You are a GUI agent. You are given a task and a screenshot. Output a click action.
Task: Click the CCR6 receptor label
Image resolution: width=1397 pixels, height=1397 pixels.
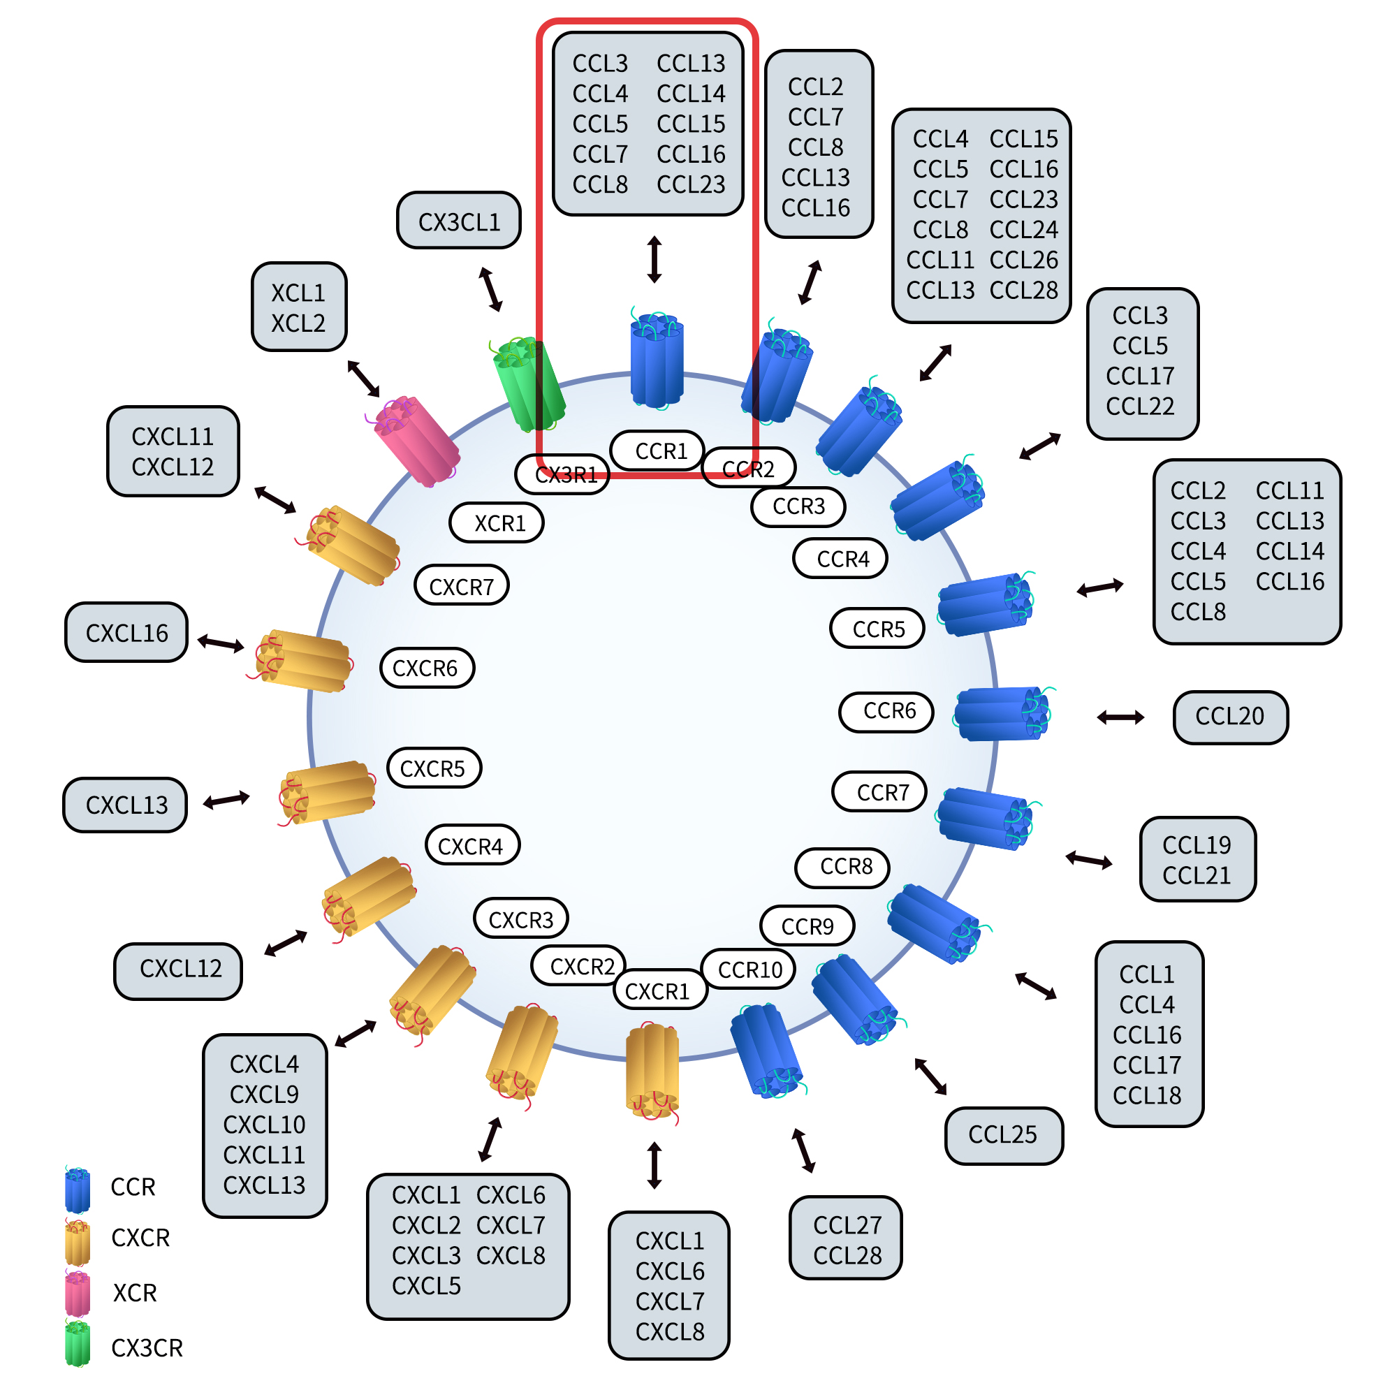click(886, 712)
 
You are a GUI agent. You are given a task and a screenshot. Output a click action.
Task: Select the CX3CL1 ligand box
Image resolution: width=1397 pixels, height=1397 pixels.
click(459, 221)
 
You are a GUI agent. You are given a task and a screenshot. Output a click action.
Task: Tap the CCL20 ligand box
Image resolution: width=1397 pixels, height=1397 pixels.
click(1230, 717)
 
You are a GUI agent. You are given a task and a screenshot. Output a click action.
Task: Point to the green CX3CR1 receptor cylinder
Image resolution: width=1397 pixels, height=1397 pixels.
click(529, 383)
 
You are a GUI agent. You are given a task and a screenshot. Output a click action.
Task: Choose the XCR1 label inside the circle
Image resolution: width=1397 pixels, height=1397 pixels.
click(497, 522)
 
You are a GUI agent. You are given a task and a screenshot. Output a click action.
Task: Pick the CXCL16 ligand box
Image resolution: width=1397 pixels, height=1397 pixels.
click(126, 633)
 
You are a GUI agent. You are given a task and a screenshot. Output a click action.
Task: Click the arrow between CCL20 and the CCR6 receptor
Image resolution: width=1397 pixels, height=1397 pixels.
click(1120, 717)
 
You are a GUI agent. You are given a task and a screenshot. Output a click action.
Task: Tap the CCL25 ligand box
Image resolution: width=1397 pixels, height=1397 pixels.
click(1003, 1134)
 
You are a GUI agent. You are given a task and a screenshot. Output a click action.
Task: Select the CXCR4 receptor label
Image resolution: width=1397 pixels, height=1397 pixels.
click(472, 845)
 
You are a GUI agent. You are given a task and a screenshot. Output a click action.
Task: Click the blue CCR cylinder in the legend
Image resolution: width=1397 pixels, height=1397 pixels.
click(78, 1190)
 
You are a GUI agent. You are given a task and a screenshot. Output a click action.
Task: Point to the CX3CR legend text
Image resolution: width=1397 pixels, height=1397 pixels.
click(147, 1348)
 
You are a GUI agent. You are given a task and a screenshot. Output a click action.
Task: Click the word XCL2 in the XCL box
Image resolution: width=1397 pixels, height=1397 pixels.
click(298, 323)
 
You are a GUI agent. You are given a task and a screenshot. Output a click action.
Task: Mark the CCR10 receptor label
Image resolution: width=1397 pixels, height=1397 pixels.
click(748, 970)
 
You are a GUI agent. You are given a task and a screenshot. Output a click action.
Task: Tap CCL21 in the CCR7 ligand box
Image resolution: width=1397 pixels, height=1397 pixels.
click(1196, 875)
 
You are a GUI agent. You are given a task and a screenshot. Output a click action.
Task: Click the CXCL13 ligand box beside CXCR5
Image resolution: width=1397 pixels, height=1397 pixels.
click(126, 805)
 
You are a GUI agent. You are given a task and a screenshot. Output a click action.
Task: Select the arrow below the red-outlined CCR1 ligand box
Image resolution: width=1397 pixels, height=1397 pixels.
click(654, 259)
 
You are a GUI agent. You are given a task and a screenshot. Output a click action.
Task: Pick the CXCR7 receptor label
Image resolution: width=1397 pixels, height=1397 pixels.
click(461, 587)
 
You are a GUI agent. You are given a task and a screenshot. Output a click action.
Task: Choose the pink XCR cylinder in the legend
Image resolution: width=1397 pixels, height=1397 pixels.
click(78, 1294)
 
